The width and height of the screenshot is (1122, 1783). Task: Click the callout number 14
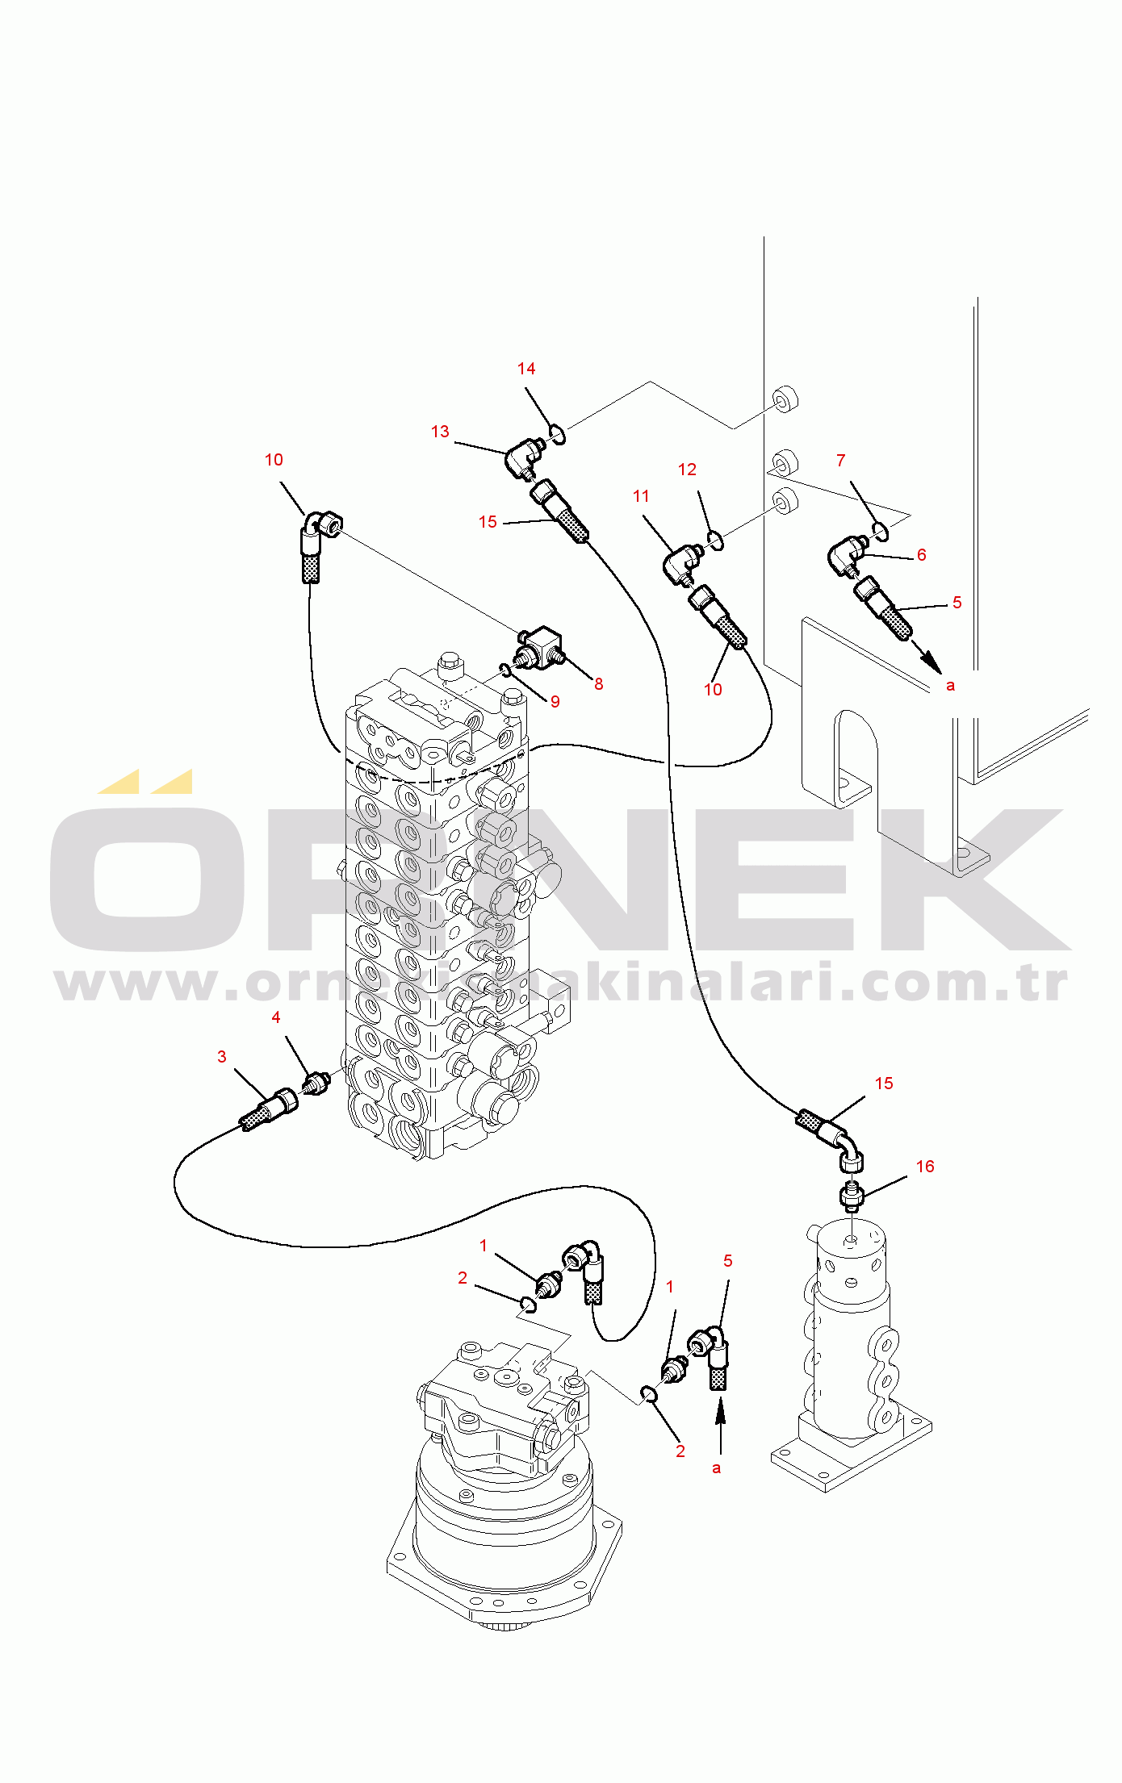click(526, 369)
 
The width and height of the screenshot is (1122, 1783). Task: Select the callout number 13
click(440, 432)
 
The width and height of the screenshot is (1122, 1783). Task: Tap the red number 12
click(687, 470)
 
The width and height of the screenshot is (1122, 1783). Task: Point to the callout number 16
click(925, 1167)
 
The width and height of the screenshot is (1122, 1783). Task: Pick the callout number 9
click(555, 702)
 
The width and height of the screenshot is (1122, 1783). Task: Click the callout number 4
click(276, 1017)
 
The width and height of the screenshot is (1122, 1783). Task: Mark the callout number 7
click(841, 461)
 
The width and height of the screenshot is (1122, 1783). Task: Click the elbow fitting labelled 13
click(521, 457)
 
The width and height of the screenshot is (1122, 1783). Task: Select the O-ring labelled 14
click(557, 435)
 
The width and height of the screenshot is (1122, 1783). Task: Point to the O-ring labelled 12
click(715, 540)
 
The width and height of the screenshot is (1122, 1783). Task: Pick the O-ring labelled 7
click(880, 530)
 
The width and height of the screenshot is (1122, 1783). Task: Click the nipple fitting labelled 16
click(852, 1195)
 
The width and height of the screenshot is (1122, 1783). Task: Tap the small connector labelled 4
click(316, 1082)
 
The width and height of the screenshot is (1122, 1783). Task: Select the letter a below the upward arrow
click(716, 1468)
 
